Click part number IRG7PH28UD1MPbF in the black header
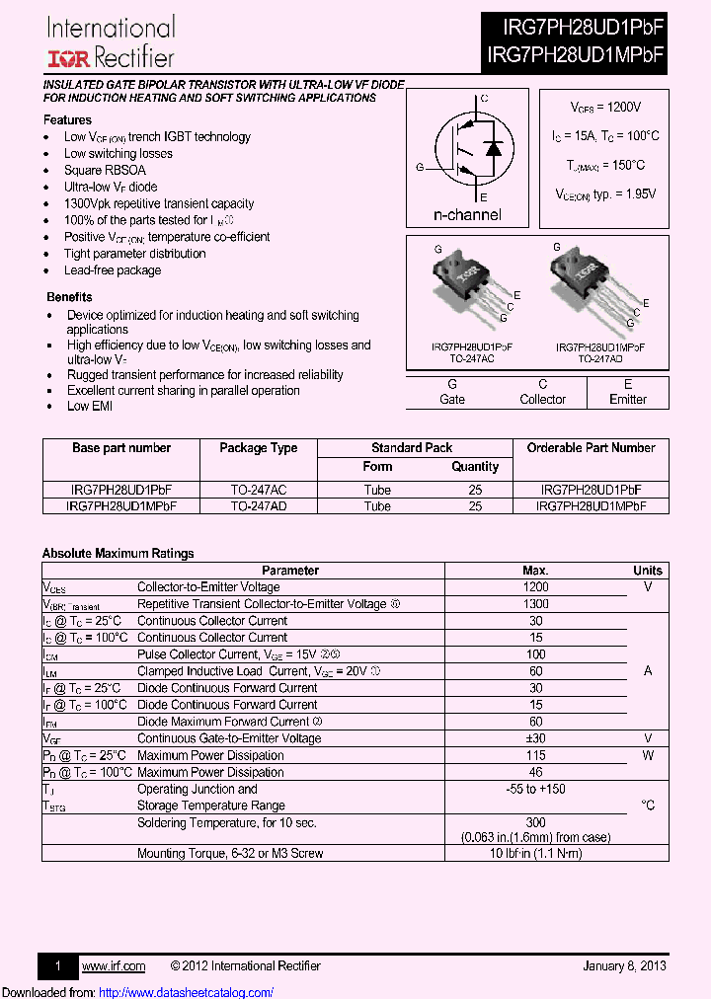[575, 55]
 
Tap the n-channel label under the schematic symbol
[467, 215]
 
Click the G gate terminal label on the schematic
[420, 168]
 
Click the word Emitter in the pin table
[627, 400]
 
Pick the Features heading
[68, 119]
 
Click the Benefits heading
[69, 297]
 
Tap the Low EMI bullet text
[91, 407]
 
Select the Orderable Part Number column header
[591, 448]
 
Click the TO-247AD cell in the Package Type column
[258, 505]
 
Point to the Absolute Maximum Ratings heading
[118, 554]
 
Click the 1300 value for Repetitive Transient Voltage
[535, 604]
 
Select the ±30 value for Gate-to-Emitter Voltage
[535, 738]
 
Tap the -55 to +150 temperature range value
[535, 789]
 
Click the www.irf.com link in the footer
[113, 965]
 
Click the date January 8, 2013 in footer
[624, 965]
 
